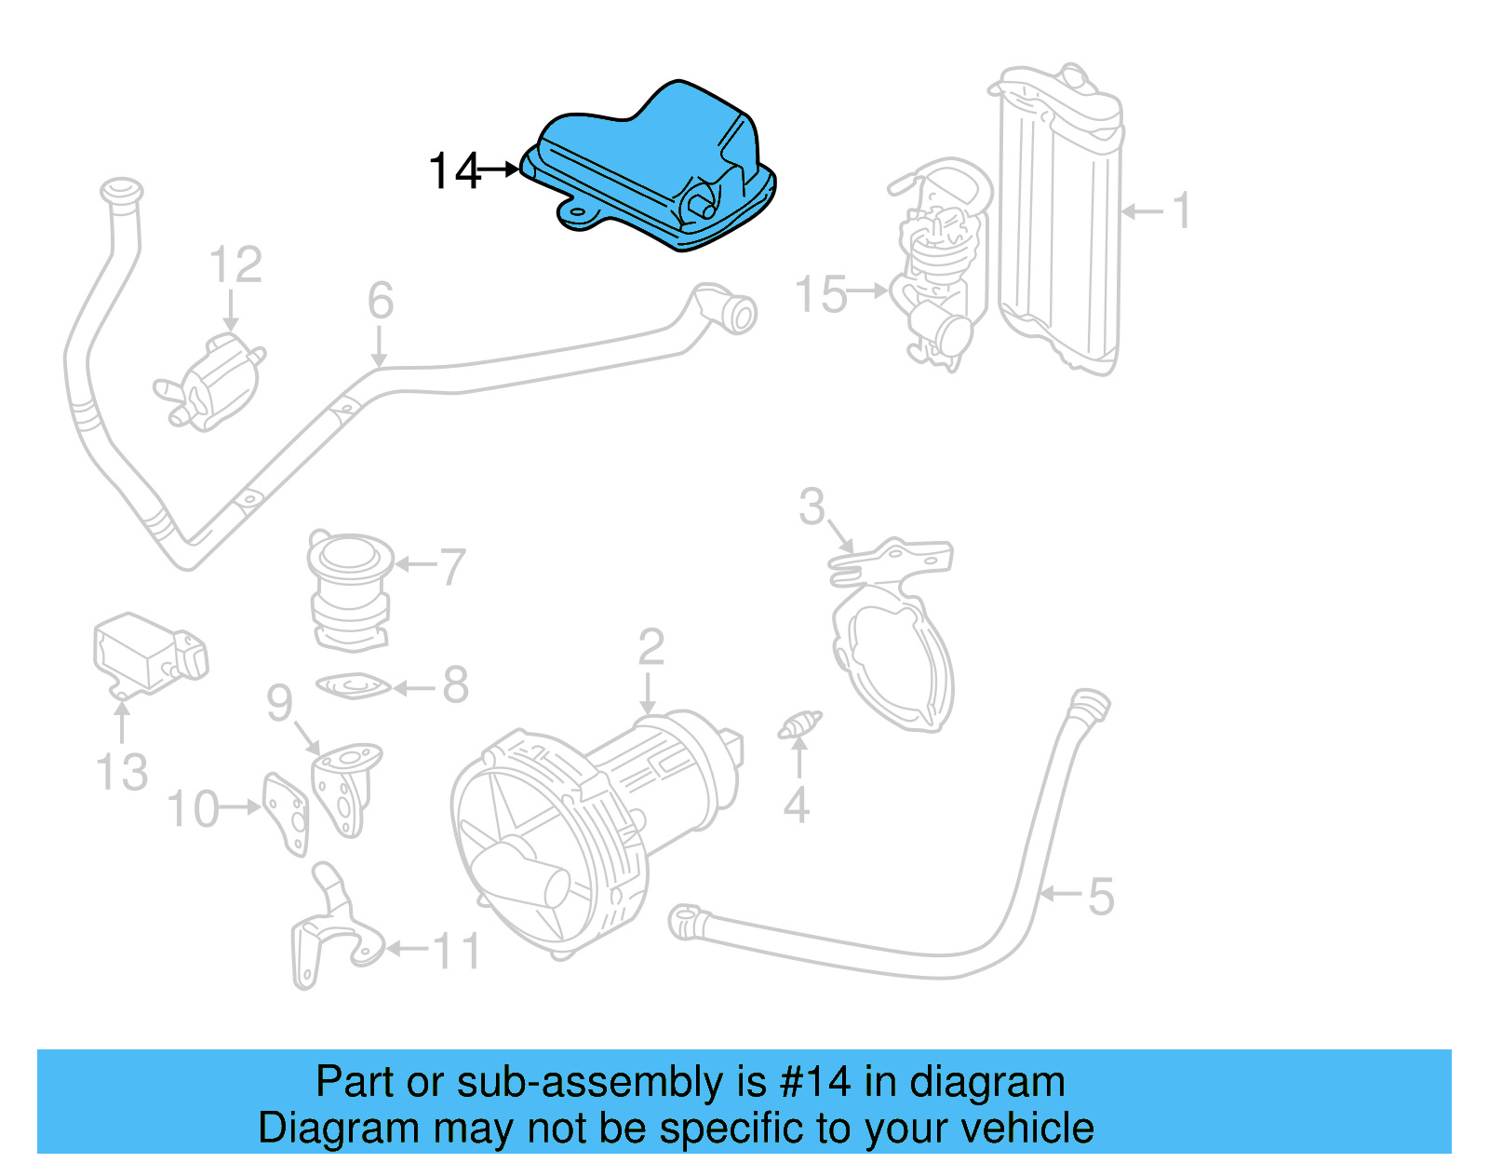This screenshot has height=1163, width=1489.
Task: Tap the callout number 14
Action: pyautogui.click(x=454, y=171)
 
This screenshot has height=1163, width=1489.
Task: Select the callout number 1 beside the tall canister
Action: pyautogui.click(x=1180, y=211)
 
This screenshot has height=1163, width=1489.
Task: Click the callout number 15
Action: pyautogui.click(x=821, y=294)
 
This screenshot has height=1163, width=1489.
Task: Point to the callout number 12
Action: pyautogui.click(x=235, y=265)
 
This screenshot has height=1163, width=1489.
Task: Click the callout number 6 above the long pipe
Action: pyautogui.click(x=380, y=302)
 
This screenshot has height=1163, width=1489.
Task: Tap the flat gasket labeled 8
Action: pyautogui.click(x=353, y=687)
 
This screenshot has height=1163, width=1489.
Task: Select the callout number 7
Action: pyautogui.click(x=452, y=566)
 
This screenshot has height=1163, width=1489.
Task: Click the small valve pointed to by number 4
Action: pyautogui.click(x=799, y=725)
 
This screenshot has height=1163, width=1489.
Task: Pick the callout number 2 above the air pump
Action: pyautogui.click(x=651, y=647)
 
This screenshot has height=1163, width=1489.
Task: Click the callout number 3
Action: pyautogui.click(x=812, y=507)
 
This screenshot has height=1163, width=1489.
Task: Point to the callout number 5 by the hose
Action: pyautogui.click(x=1100, y=897)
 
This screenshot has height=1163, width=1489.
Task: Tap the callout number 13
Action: pyautogui.click(x=122, y=772)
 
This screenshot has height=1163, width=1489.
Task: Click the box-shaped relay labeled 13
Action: pyautogui.click(x=140, y=652)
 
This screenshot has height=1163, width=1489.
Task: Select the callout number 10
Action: pyautogui.click(x=193, y=809)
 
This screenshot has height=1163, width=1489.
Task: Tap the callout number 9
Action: pyautogui.click(x=279, y=703)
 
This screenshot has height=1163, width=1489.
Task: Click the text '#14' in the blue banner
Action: pyautogui.click(x=815, y=1082)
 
